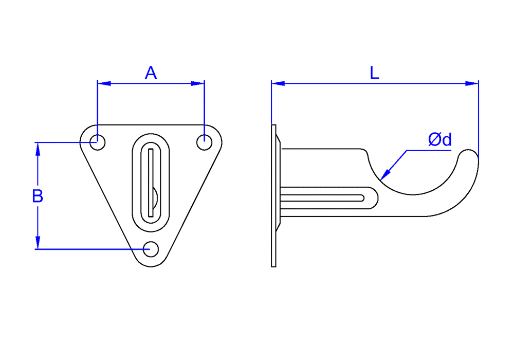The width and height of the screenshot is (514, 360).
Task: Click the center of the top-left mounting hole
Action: pyautogui.click(x=97, y=142)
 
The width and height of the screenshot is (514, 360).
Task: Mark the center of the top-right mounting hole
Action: pyautogui.click(x=204, y=142)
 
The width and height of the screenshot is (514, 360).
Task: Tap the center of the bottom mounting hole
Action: pyautogui.click(x=151, y=249)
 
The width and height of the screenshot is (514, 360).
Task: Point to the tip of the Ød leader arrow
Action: pyautogui.click(x=380, y=181)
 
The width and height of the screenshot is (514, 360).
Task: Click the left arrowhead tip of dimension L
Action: pyautogui.click(x=272, y=83)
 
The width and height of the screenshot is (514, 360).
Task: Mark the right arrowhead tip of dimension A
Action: pyautogui.click(x=204, y=83)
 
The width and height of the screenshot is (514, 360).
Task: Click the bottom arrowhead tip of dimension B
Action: pyautogui.click(x=38, y=249)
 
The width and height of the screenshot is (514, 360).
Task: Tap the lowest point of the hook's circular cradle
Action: pyautogui.click(x=413, y=195)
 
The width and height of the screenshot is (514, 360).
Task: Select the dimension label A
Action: pyautogui.click(x=151, y=73)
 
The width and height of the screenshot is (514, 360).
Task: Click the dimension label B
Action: pyautogui.click(x=38, y=196)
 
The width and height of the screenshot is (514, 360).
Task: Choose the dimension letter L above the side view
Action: pyautogui.click(x=374, y=73)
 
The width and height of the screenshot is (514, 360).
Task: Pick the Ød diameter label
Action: pyautogui.click(x=440, y=140)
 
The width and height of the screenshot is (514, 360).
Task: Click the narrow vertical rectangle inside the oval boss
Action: pyautogui.click(x=151, y=183)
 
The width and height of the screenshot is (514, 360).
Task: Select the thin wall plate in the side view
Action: pyautogui.click(x=274, y=196)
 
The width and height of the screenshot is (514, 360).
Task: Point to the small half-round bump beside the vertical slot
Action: pyautogui.click(x=155, y=197)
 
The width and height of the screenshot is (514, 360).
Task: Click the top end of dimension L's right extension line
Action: pyautogui.click(x=478, y=80)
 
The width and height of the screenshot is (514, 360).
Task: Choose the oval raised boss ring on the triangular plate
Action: pyautogui.click(x=151, y=183)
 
